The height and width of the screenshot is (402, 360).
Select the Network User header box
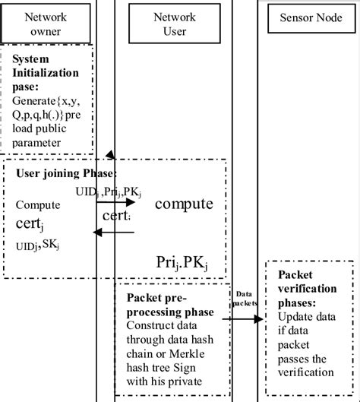(175, 23)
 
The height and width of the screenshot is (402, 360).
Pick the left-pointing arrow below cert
(113, 233)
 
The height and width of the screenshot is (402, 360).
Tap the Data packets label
(244, 296)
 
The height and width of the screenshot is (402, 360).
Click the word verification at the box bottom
(305, 372)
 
